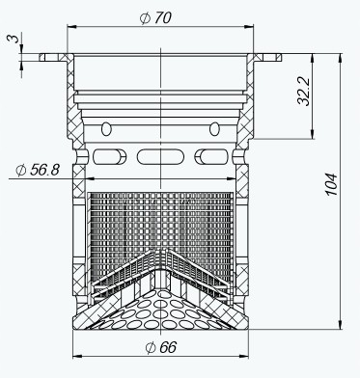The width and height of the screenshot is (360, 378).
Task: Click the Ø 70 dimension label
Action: click(155, 18)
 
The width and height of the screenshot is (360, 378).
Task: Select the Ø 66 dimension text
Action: click(161, 347)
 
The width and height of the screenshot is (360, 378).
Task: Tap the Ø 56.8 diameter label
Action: click(38, 170)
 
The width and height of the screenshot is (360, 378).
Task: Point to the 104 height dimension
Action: click(331, 184)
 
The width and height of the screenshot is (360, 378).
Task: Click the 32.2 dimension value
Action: click(304, 92)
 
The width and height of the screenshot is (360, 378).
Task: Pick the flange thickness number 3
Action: click(14, 39)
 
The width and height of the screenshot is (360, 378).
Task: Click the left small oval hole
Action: click(106, 129)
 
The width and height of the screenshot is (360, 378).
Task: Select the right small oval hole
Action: click(214, 129)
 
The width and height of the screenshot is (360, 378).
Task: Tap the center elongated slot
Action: click(160, 156)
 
